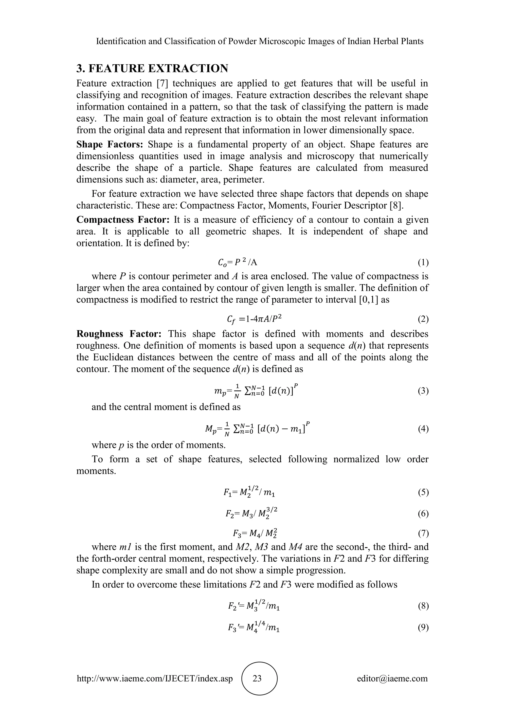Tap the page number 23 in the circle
click(x=257, y=678)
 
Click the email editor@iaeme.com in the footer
click(x=392, y=678)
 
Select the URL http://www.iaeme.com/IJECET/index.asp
click(x=155, y=678)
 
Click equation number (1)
click(x=423, y=263)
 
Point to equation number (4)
click(x=423, y=429)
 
